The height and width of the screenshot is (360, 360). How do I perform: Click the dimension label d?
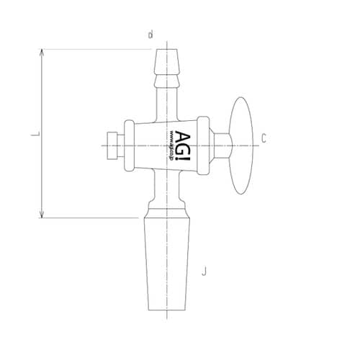tap(150, 34)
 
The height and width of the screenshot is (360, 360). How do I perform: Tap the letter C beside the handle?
tap(264, 138)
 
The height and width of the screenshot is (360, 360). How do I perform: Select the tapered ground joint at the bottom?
tap(166, 266)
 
